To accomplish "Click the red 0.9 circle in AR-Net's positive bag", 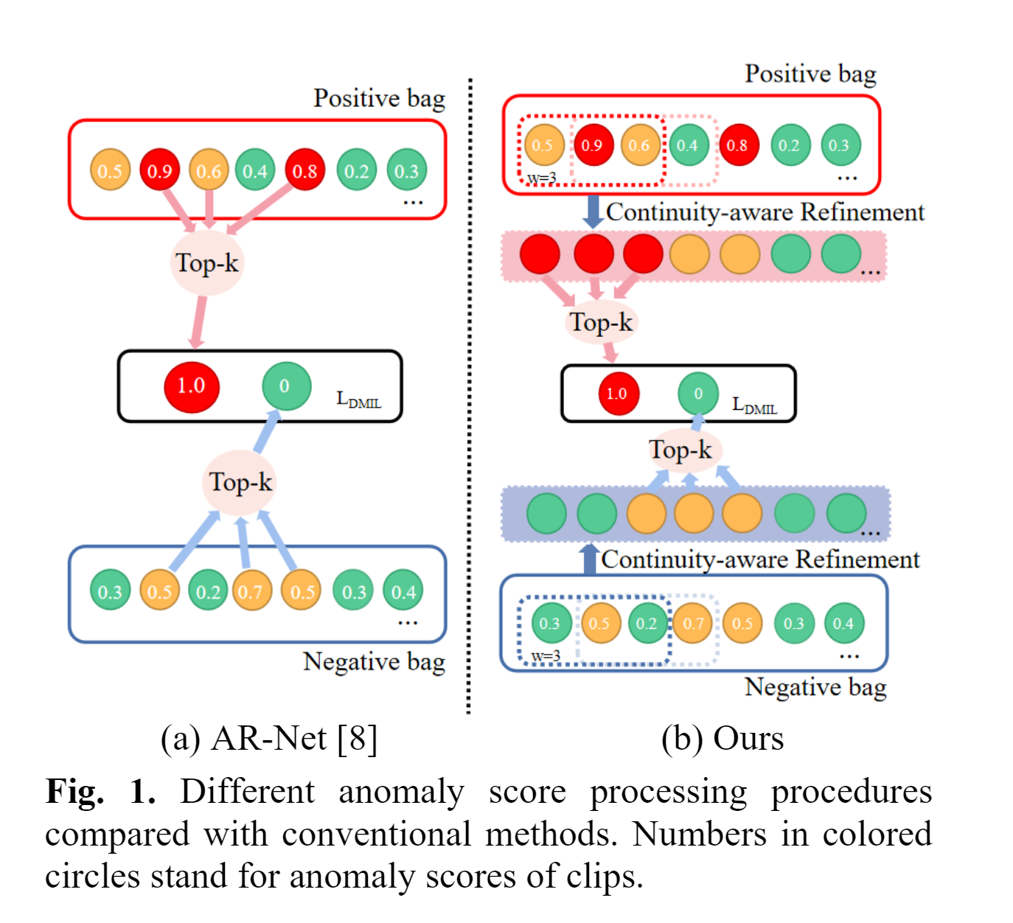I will click(159, 170).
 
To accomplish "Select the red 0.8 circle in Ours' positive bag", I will click(737, 145).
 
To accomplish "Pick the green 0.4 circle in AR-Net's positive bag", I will click(255, 171).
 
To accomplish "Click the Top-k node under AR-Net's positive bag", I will click(206, 263).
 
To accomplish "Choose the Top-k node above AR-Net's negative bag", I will click(240, 482).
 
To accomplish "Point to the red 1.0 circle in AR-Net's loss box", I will click(191, 386).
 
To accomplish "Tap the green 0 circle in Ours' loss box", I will click(697, 394).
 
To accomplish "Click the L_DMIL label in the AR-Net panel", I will click(359, 400).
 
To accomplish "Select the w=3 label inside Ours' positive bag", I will click(541, 178).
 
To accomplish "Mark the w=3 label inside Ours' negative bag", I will click(546, 655).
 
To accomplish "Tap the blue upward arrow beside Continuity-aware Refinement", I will click(589, 559).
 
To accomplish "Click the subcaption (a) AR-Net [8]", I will click(269, 738).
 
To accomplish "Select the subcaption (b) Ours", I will click(723, 738).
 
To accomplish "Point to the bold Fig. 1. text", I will click(100, 792).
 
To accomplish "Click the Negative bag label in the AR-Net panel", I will click(374, 662).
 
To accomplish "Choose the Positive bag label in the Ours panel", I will click(810, 74).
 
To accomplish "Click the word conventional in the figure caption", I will click(376, 835).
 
